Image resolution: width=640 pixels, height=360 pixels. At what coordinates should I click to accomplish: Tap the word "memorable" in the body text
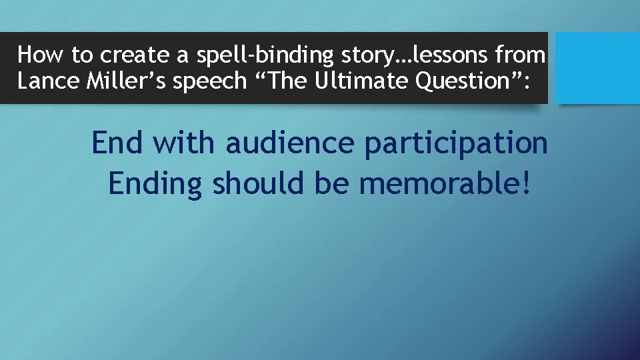439,183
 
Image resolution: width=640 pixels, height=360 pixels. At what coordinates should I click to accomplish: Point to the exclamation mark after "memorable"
526,183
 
